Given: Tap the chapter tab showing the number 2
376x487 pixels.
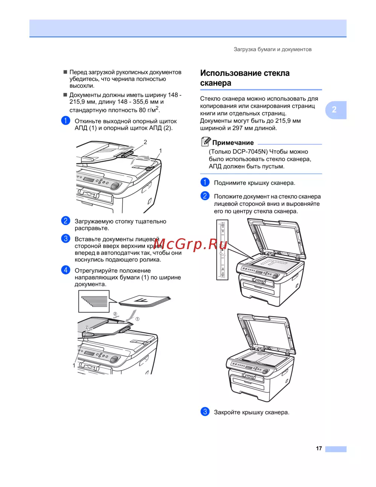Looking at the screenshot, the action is coord(336,110).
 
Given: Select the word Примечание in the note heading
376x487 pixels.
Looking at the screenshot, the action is coord(233,143).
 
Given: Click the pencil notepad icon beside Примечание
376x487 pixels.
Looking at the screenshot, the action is coord(206,142).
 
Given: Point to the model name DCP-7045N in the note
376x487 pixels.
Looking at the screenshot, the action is coord(250,152).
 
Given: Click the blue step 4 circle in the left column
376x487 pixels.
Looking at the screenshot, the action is coord(65,270).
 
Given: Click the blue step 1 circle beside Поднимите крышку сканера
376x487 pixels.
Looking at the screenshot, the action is coord(205,182).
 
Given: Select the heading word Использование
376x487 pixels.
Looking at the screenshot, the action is coord(230,73).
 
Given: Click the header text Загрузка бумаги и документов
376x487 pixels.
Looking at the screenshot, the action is coord(273,49).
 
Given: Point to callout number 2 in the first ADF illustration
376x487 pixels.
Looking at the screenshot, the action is coord(145,142).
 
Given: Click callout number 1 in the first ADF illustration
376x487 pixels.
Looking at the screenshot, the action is coord(160,151).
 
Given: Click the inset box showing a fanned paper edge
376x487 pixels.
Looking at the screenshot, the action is coord(94,301).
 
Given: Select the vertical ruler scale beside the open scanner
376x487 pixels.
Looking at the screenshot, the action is coord(222,250).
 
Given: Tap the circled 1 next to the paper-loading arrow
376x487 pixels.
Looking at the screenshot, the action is coord(137,319).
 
